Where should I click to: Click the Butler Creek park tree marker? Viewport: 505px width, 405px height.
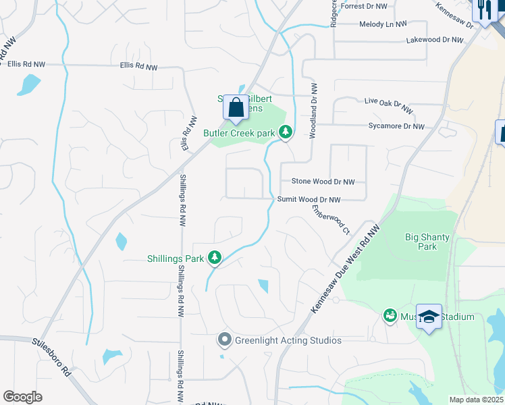286,132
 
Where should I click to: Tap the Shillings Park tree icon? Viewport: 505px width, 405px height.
215,257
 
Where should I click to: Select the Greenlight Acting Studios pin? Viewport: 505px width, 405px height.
225,340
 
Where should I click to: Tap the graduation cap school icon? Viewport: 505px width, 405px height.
429,317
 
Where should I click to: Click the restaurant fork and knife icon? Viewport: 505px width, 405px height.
484,9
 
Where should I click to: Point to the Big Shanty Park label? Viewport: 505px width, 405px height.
427,242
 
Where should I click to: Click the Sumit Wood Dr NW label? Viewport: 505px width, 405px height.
309,200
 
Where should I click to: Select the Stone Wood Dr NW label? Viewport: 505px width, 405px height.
323,182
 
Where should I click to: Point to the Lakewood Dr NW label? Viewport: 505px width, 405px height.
435,40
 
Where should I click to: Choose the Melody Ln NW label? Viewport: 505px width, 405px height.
383,24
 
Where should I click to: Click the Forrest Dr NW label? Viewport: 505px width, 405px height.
365,6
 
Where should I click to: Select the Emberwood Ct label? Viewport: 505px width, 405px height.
331,219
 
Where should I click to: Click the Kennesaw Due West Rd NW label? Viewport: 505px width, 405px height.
346,269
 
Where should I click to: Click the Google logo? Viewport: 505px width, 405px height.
23,397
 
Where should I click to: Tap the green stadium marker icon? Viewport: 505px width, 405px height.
390,315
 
